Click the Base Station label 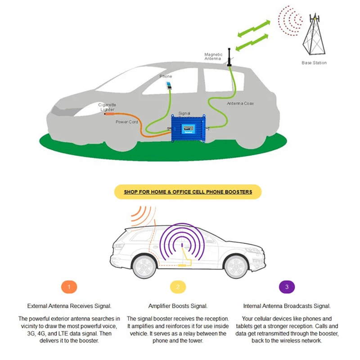click(314, 63)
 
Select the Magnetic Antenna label click(213, 57)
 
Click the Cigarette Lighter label click(107, 107)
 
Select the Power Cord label click(126, 122)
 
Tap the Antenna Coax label click(240, 103)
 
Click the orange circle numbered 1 click(69, 287)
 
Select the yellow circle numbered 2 click(178, 287)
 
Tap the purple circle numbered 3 click(287, 287)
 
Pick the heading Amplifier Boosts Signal click(178, 306)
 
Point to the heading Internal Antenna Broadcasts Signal click(287, 306)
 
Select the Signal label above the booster click(184, 113)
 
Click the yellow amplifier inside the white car click(183, 266)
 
